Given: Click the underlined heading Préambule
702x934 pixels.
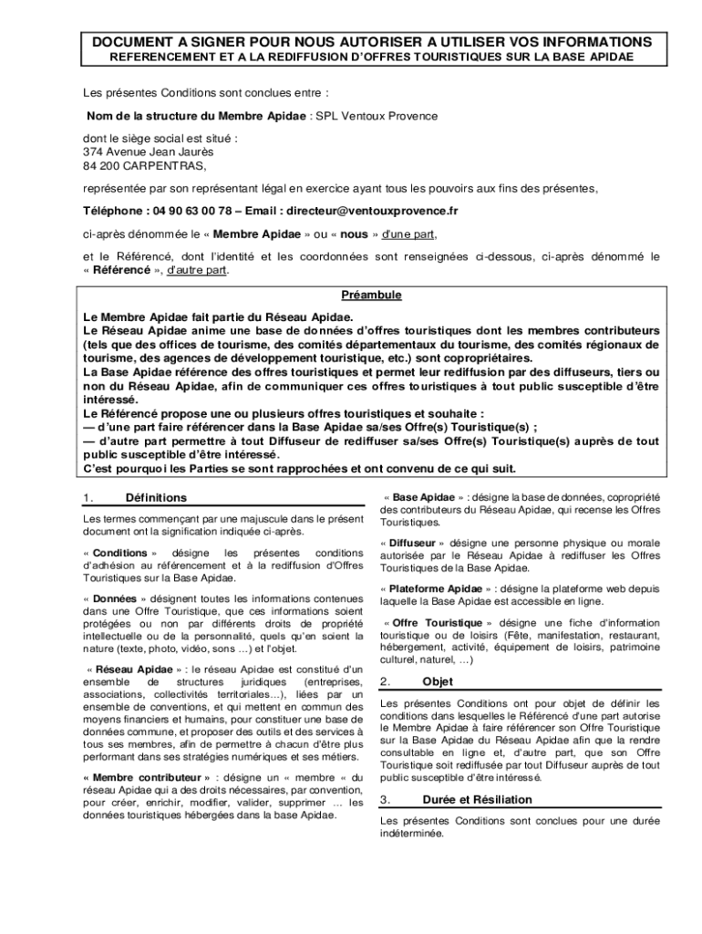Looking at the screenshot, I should [x=371, y=296].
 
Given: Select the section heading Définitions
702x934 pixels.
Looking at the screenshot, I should [x=156, y=498].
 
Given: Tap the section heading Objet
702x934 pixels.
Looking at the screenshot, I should [x=438, y=681].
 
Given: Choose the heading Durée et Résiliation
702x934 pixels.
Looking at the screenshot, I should [x=477, y=800].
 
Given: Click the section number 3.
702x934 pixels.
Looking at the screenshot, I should [x=386, y=800].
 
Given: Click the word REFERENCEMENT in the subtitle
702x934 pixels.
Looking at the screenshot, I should [x=164, y=57].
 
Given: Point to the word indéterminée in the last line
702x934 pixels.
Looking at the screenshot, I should [x=410, y=834].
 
